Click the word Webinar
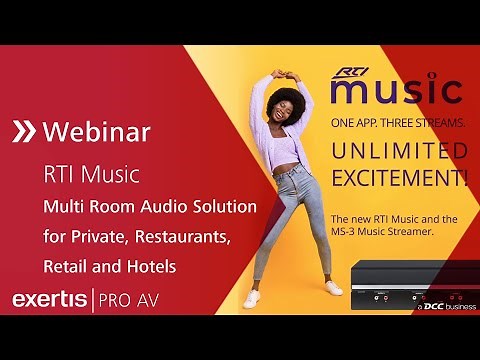coord(97,131)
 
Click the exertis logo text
coord(49,299)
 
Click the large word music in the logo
coord(396,92)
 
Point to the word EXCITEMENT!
coord(398,179)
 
